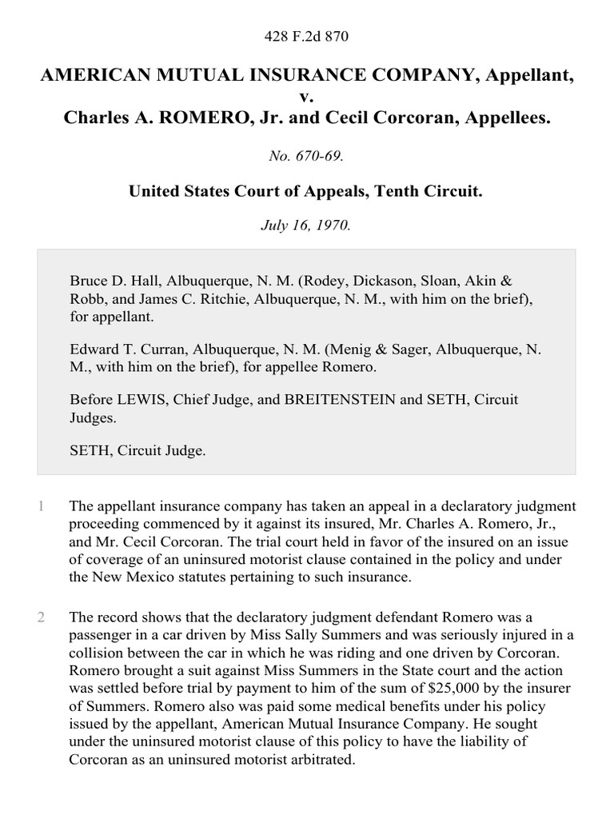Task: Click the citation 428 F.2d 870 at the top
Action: (307, 36)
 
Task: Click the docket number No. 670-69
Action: (307, 157)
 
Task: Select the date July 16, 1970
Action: (307, 226)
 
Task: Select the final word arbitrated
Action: (318, 760)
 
